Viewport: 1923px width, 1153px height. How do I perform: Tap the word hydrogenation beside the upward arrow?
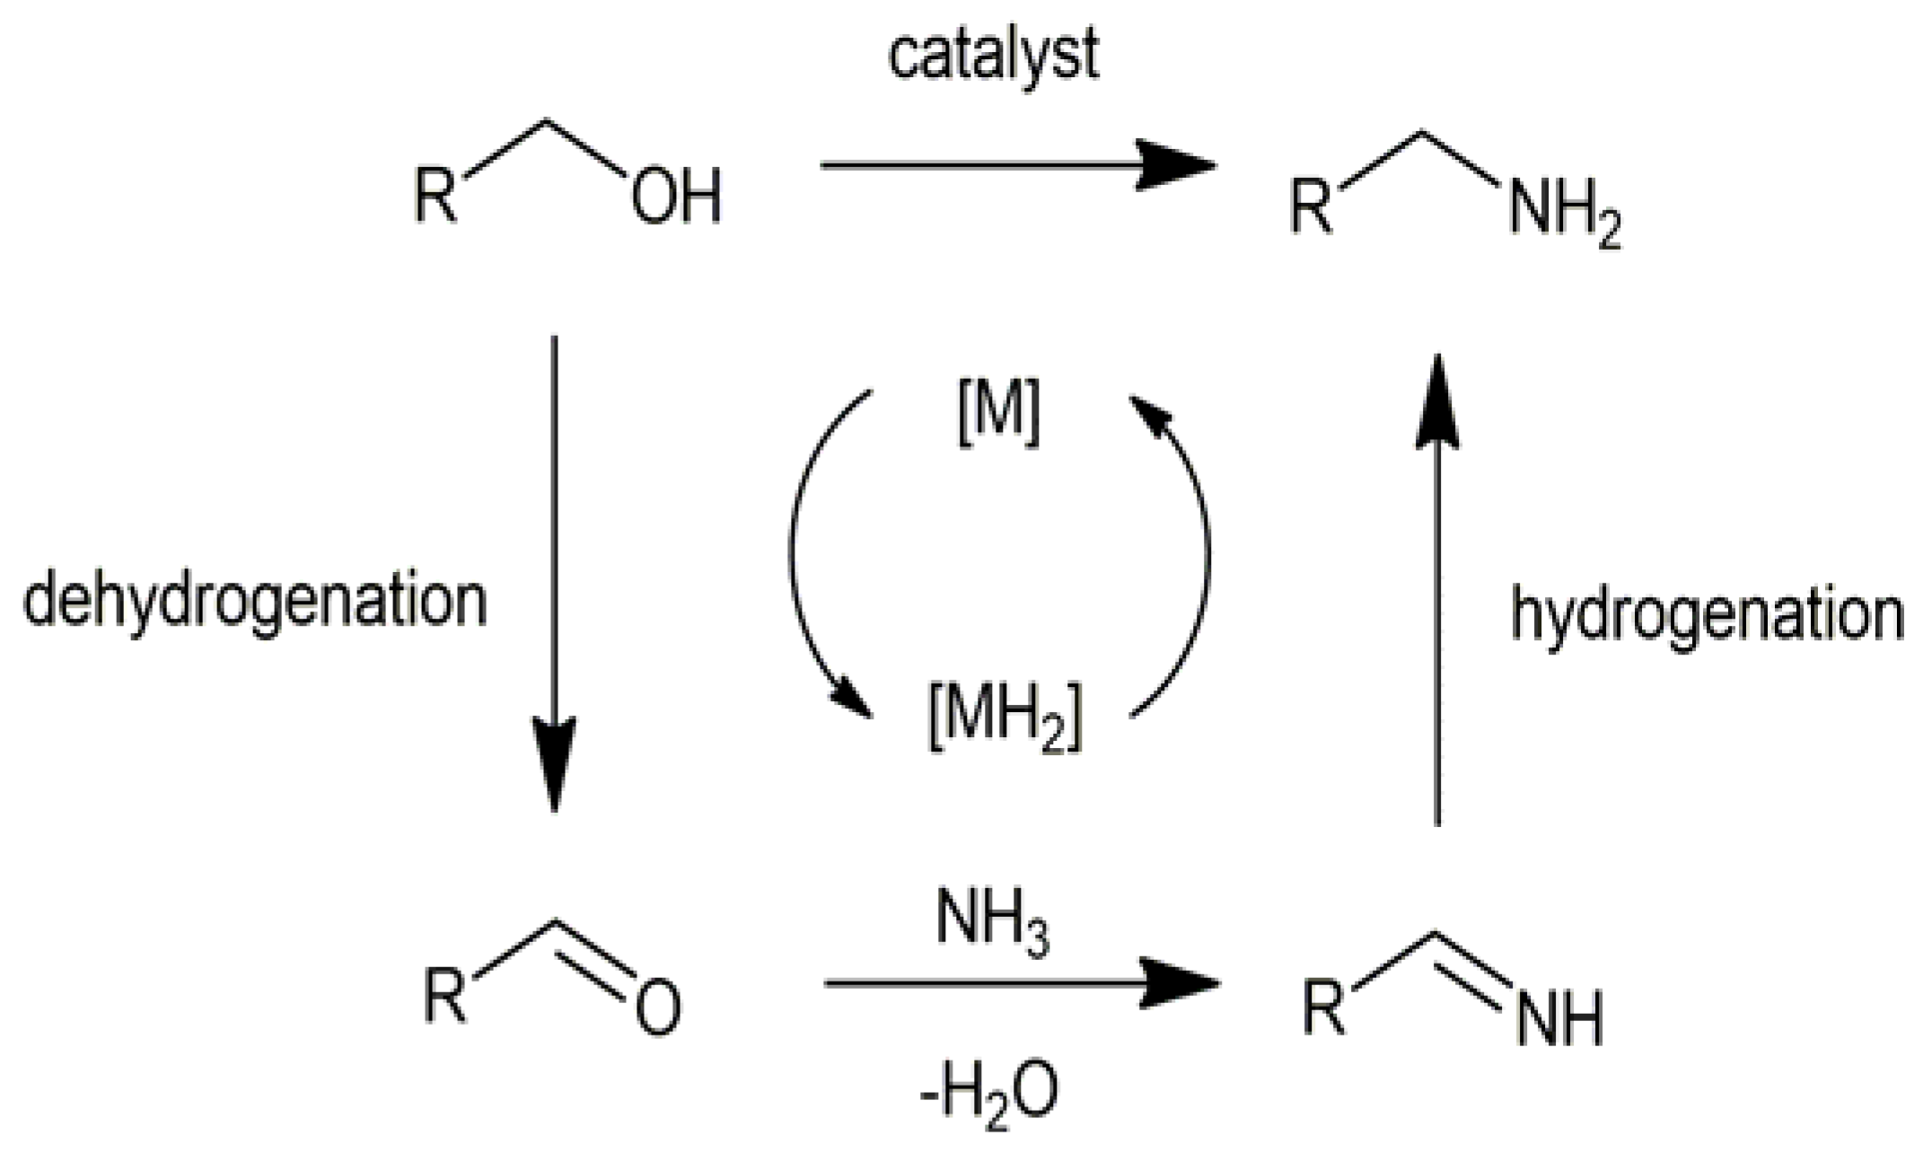click(1707, 615)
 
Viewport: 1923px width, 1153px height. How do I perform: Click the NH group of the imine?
click(1559, 1019)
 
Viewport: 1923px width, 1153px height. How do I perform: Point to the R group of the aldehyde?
click(446, 995)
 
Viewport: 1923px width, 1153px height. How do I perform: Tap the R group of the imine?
click(1324, 1008)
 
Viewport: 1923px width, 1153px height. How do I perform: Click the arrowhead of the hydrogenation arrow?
click(1437, 400)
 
